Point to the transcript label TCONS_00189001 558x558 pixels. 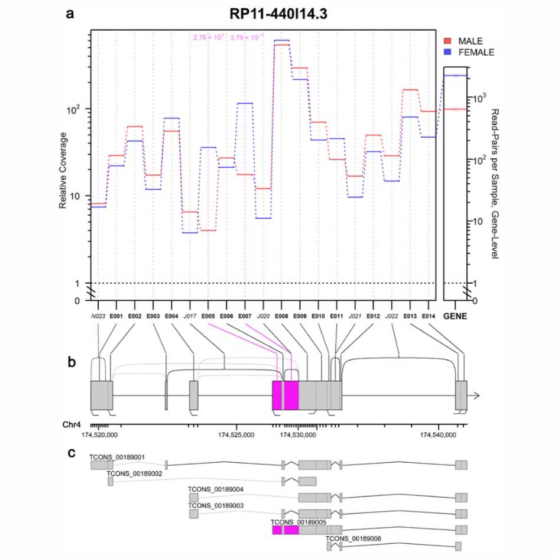click(118, 457)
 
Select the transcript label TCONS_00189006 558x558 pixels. click(353, 538)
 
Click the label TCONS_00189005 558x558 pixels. click(298, 523)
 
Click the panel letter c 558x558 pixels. click(71, 453)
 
